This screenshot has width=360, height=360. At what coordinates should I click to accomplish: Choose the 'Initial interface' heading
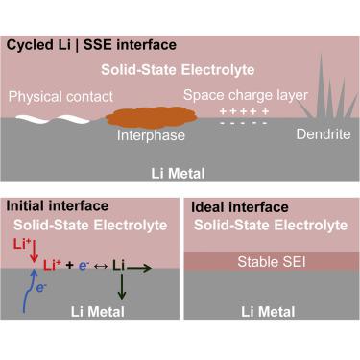coord(57,205)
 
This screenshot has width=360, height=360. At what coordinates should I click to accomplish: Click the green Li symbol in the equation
coord(120,263)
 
